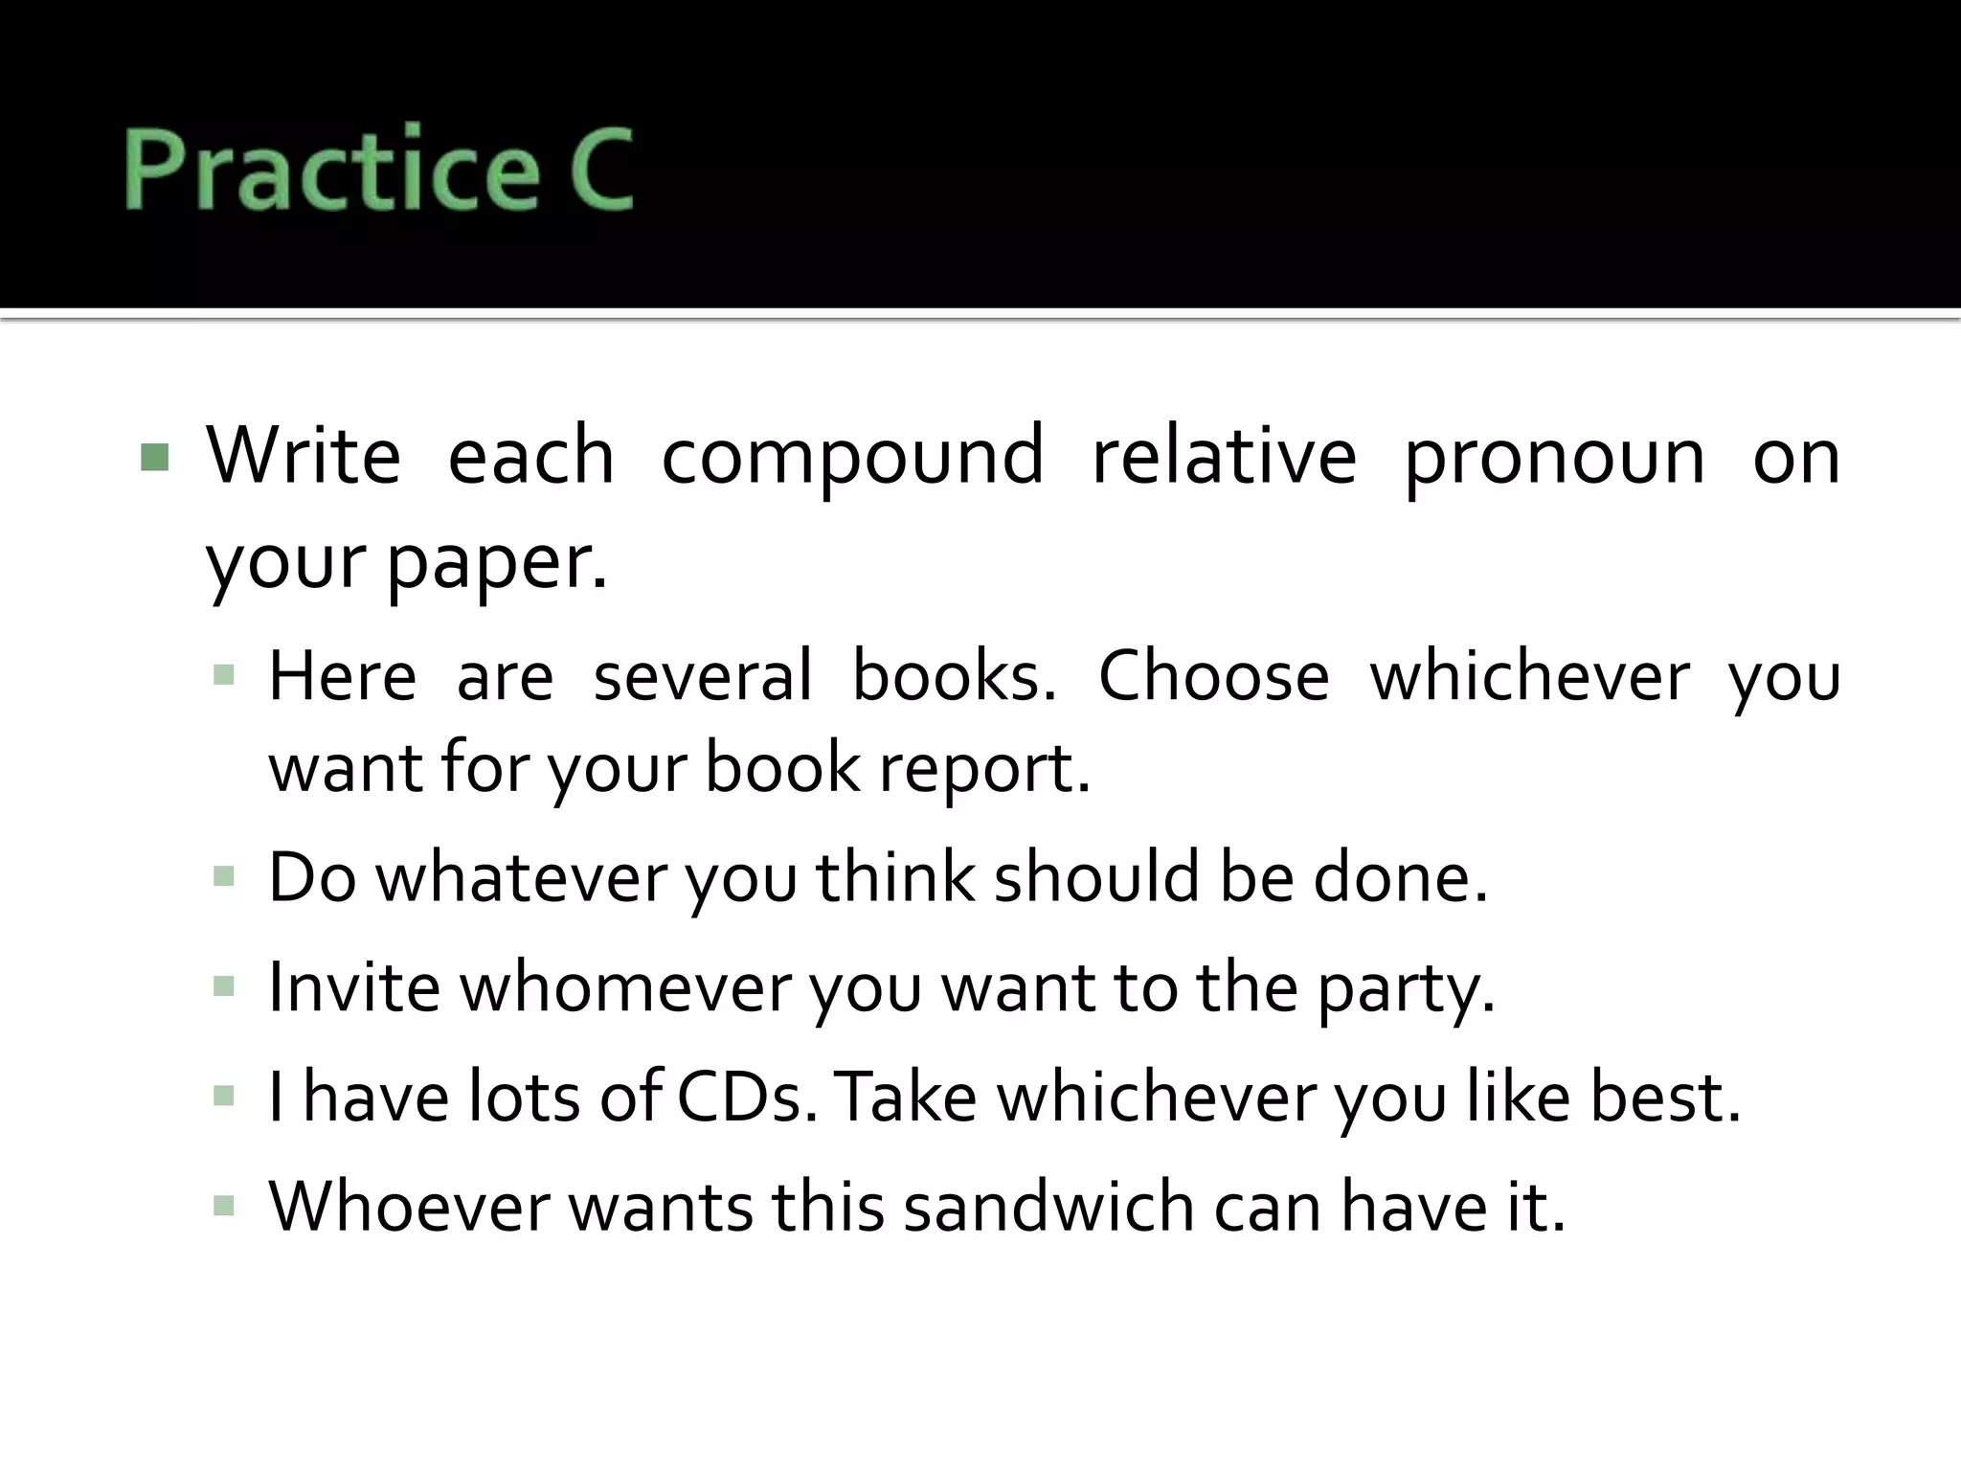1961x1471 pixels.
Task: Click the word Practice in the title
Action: pyautogui.click(x=330, y=169)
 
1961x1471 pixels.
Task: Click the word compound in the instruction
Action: pyautogui.click(x=852, y=458)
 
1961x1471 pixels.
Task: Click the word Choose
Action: pyautogui.click(x=1213, y=676)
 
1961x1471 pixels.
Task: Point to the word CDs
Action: pyautogui.click(x=748, y=1096)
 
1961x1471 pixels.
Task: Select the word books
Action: pyautogui.click(x=954, y=676)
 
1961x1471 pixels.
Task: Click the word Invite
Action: pyautogui.click(x=354, y=986)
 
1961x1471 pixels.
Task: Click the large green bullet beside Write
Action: pyautogui.click(x=154, y=458)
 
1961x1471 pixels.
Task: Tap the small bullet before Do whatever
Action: pyautogui.click(x=224, y=876)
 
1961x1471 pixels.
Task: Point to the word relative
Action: pyautogui.click(x=1224, y=456)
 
